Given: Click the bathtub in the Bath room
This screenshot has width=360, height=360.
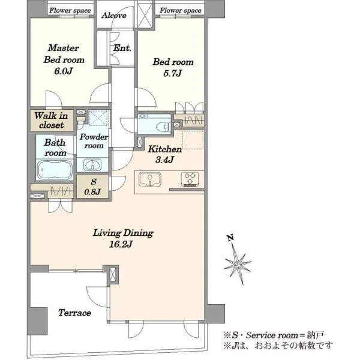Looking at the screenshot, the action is pos(55,170).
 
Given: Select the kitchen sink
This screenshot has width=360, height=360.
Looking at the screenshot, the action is pos(150,179).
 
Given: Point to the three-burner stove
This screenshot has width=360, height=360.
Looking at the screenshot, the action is pos(190,179).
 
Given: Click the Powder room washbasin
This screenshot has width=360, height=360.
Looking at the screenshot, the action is pos(92,164).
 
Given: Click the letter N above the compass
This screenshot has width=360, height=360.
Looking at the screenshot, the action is pos(231,238).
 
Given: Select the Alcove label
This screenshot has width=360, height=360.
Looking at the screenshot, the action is pos(114,16).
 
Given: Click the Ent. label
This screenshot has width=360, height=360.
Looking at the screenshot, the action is pos(122,48).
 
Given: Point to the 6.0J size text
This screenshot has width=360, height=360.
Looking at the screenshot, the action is pos(64,71).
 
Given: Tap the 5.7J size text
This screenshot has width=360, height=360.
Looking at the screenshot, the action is pos(173,73).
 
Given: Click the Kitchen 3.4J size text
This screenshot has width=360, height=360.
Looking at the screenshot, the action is pos(164,160).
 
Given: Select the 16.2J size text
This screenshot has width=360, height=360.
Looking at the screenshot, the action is pos(121,244).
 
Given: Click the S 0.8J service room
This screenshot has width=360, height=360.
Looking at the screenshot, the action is pos(92,187).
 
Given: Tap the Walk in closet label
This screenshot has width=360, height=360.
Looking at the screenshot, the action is pos(52,121).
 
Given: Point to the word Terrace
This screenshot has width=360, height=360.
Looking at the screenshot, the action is pos(74,313).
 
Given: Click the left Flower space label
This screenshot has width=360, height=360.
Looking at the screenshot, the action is pos(70,11).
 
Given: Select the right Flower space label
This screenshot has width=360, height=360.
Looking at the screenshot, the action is pos(181,11).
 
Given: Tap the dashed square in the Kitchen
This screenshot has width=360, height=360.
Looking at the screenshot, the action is pos(193,140).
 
